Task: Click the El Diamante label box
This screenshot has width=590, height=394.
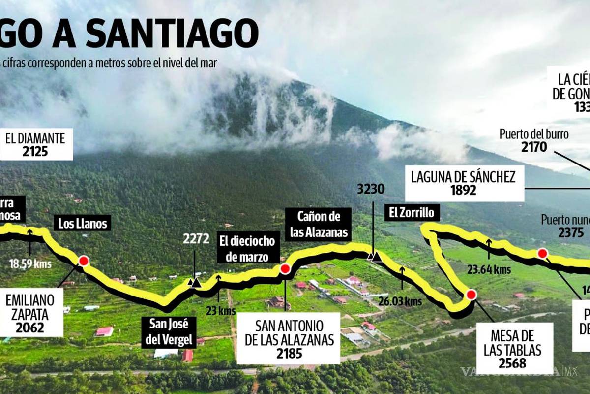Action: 35,144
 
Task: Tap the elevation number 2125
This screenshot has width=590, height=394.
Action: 35,151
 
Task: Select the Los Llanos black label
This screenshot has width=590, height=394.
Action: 83,224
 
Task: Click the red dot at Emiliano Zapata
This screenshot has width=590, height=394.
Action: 84,261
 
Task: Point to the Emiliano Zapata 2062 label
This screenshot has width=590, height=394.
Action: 32,312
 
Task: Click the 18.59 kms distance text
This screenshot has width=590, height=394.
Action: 30,263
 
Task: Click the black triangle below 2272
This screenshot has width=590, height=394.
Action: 196,283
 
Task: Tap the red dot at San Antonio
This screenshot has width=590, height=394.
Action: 285,268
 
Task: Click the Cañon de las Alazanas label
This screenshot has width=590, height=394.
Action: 320,224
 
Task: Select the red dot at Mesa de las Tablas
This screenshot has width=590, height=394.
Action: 471,295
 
